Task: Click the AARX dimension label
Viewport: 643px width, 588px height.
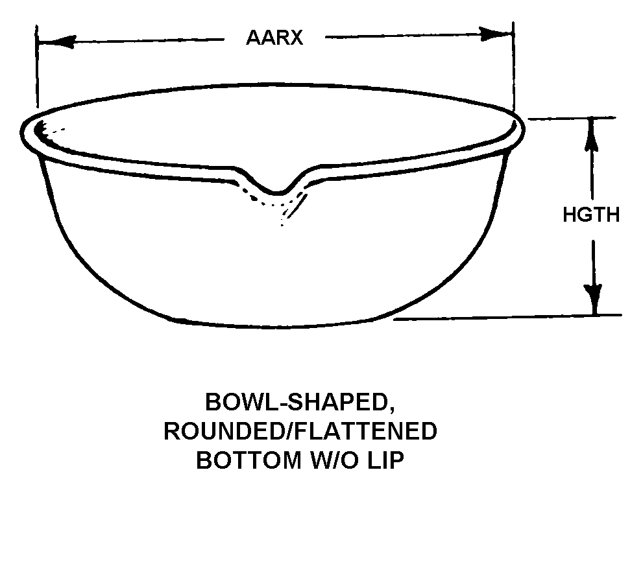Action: click(x=274, y=38)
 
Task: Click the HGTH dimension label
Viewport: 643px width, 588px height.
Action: click(x=590, y=215)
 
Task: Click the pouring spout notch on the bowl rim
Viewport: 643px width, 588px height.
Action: click(x=278, y=190)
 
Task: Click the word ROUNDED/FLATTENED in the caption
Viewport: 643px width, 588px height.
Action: click(x=300, y=431)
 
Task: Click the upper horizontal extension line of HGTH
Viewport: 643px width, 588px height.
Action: click(x=571, y=119)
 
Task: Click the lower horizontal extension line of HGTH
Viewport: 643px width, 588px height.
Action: click(x=506, y=317)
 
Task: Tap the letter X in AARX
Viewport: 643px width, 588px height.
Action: click(x=296, y=38)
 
